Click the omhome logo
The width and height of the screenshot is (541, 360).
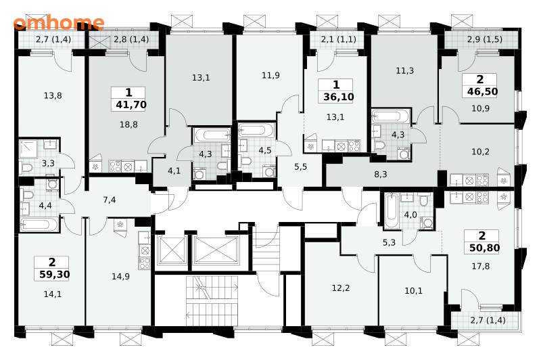[59, 23]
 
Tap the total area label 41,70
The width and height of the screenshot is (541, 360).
[131, 105]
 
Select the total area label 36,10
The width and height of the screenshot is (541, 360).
[339, 97]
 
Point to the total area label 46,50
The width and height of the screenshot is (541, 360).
[482, 91]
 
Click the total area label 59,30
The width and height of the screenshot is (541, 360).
[55, 275]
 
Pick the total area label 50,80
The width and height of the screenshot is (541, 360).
[484, 248]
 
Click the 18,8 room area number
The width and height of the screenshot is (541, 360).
[128, 125]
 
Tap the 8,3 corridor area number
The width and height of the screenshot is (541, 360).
[381, 175]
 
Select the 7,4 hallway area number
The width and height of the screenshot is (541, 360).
[110, 200]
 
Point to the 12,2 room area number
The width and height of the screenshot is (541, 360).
[341, 288]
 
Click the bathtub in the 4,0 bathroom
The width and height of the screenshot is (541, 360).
[391, 210]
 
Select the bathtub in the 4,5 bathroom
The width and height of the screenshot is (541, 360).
[257, 131]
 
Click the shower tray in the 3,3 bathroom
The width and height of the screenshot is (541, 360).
[28, 149]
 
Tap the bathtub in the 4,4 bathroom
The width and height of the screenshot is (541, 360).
[39, 225]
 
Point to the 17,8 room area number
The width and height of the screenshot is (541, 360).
[481, 266]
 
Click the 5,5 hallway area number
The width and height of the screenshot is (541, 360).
[300, 167]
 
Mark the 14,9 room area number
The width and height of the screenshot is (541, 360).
[120, 277]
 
